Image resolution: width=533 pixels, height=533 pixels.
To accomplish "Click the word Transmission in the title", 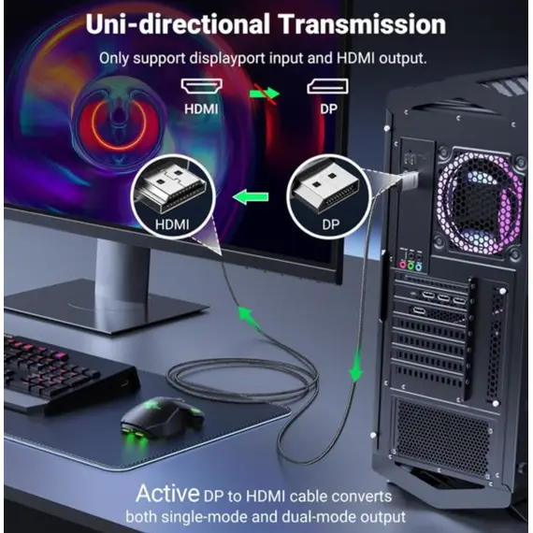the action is (363, 24).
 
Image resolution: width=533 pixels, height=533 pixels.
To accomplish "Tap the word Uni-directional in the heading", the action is (178, 24).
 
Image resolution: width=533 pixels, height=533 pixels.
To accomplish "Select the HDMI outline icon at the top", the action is (202, 86).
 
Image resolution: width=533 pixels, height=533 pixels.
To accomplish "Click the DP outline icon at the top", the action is (327, 86).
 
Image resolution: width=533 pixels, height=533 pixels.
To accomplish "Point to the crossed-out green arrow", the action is (265, 94).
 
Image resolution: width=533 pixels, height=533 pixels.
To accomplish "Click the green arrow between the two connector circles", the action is (251, 196).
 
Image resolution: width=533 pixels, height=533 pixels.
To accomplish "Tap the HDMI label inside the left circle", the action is (172, 224).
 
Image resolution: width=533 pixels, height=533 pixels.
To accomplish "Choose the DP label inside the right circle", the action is (330, 224).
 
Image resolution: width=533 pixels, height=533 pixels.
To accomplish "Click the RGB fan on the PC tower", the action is (480, 203).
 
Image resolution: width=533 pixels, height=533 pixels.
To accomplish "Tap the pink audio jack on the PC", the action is (403, 265).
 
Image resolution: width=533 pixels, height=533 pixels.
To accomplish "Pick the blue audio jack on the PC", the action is (419, 266).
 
